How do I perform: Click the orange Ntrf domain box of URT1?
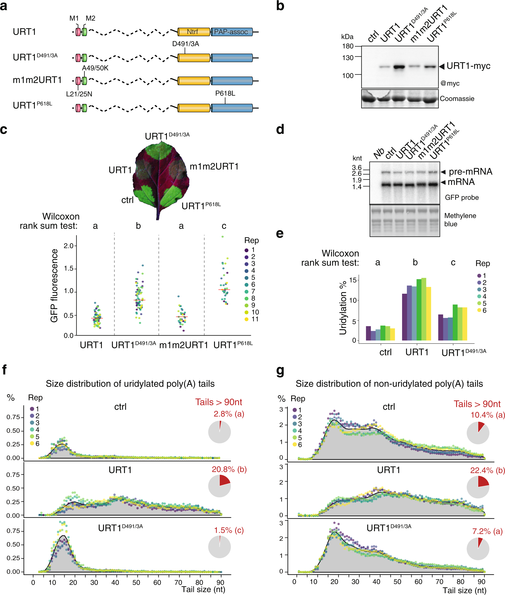(x=193, y=32)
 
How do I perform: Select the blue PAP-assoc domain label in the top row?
(x=231, y=32)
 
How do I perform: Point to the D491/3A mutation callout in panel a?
(x=186, y=44)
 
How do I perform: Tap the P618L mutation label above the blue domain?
(x=225, y=93)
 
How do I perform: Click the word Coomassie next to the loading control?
(x=457, y=99)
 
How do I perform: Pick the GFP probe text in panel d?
(x=462, y=197)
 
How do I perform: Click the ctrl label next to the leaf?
(x=127, y=200)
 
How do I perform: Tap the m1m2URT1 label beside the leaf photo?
(x=214, y=166)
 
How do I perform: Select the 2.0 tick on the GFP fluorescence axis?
(x=69, y=246)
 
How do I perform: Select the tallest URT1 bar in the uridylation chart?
(x=423, y=309)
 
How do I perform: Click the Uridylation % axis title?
(x=343, y=308)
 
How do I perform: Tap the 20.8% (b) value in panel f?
(x=229, y=469)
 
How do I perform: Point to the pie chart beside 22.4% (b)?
(x=478, y=487)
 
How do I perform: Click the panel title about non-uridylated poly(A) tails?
(x=389, y=384)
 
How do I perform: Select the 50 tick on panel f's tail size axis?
(x=136, y=582)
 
